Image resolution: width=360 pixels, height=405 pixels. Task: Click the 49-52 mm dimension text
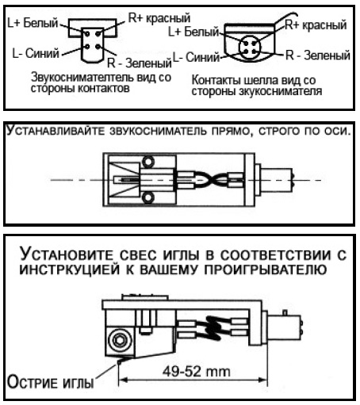click(x=196, y=372)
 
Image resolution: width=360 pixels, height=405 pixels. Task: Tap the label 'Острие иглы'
click(x=50, y=382)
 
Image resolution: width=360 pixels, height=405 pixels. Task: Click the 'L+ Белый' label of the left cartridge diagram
click(x=33, y=23)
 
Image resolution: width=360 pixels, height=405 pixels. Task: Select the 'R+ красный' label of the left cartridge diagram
click(x=159, y=18)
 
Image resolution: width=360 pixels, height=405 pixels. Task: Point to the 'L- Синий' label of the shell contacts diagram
click(x=196, y=57)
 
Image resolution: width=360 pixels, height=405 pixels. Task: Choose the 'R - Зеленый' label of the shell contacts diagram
click(x=318, y=55)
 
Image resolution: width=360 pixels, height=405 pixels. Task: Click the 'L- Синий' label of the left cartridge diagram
click(x=36, y=53)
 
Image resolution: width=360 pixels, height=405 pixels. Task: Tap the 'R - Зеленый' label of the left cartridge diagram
click(x=140, y=63)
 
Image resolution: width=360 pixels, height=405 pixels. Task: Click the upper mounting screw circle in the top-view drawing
click(x=148, y=161)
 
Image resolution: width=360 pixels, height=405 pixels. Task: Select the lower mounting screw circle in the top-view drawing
click(x=148, y=197)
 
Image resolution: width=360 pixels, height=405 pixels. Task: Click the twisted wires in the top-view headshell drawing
click(x=209, y=179)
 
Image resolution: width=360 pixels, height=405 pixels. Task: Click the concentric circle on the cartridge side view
click(x=120, y=340)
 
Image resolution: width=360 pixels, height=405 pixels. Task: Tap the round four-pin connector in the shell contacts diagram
click(x=250, y=48)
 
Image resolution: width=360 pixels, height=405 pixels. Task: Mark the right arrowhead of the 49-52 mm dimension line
click(x=262, y=380)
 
